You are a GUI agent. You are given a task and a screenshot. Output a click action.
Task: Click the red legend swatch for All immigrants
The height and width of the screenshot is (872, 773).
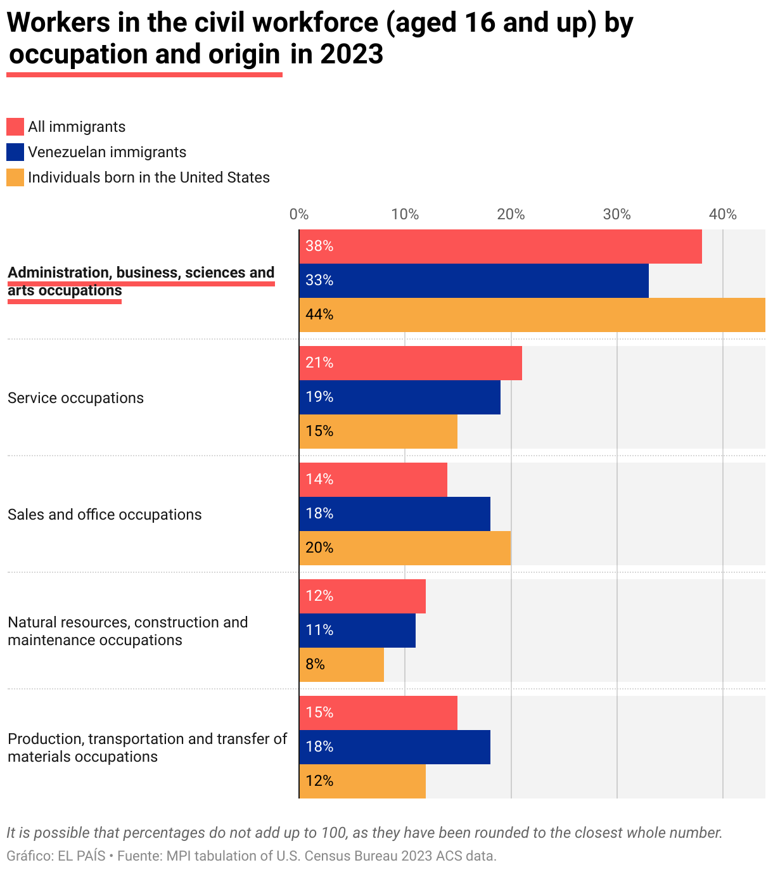coord(15,127)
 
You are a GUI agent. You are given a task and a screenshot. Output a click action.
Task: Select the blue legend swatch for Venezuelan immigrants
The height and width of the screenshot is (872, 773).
coord(15,152)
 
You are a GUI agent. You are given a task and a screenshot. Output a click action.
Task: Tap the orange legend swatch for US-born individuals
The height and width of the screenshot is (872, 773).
coord(15,177)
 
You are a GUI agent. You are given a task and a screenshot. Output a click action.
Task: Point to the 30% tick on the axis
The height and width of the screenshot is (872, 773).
coord(616,215)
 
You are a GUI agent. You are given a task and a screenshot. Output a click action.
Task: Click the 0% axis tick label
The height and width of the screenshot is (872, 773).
coord(298,215)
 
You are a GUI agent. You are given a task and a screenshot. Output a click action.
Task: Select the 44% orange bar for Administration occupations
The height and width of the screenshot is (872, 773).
coord(532,315)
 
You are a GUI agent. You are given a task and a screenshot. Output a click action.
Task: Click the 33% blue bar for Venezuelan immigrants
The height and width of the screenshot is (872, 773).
coord(474,281)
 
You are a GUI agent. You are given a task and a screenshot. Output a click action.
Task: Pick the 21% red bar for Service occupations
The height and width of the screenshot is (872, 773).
coord(411,363)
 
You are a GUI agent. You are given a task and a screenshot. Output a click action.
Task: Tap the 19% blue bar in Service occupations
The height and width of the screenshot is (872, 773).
coord(400,397)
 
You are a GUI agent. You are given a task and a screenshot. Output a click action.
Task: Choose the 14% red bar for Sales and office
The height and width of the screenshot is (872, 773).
coord(373,480)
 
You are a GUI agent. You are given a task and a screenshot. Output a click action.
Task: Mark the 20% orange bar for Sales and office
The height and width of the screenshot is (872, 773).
coord(405,548)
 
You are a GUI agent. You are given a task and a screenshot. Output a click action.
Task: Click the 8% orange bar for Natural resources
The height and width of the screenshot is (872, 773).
coord(342,665)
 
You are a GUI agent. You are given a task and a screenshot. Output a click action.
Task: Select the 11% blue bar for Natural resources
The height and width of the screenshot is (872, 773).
coord(357,631)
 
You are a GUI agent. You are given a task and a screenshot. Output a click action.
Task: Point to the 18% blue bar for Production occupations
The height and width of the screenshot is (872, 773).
coord(395,747)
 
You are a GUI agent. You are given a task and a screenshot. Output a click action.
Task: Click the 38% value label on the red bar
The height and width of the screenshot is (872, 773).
coord(319,247)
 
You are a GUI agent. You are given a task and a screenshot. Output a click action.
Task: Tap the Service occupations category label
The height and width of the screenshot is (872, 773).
coord(75,398)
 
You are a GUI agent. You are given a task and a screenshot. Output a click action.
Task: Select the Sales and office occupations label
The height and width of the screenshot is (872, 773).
coord(105,515)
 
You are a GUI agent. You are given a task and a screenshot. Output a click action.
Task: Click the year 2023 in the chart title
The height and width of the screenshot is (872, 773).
coord(352,54)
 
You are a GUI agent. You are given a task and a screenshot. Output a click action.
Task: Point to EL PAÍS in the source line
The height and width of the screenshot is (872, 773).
coord(82,856)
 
